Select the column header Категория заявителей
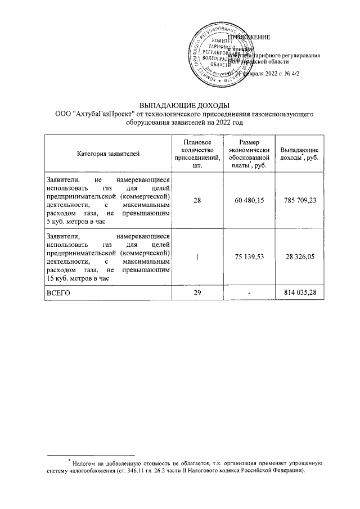click(x=108, y=153)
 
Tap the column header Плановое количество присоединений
click(x=197, y=153)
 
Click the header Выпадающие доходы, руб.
click(x=299, y=153)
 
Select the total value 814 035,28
click(x=299, y=293)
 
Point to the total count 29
click(x=197, y=293)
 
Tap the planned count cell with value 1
click(x=197, y=257)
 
